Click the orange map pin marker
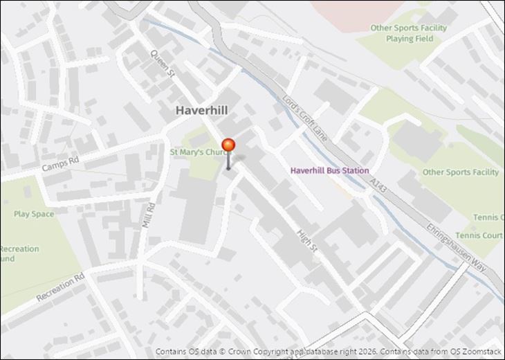228,145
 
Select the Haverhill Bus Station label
329,170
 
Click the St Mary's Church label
198,152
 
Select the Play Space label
33,214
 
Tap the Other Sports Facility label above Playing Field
408,28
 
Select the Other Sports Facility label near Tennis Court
460,172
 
